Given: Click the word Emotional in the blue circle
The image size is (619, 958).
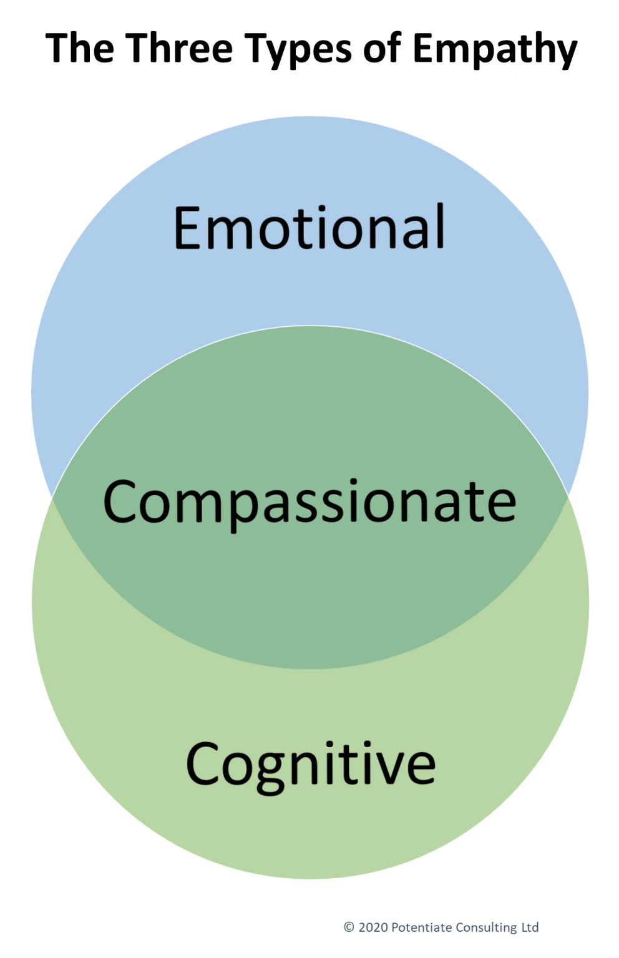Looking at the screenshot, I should click(309, 228).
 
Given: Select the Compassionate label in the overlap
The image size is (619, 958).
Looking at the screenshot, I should click(309, 501).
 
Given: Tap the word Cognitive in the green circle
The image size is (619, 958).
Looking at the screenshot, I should click(311, 765).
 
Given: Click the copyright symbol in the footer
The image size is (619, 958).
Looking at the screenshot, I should click(349, 927).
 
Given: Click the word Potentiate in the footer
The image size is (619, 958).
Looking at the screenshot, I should click(421, 927).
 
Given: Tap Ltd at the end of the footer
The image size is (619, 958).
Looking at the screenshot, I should click(530, 927).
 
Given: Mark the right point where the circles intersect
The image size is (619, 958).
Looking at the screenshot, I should click(568, 497).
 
